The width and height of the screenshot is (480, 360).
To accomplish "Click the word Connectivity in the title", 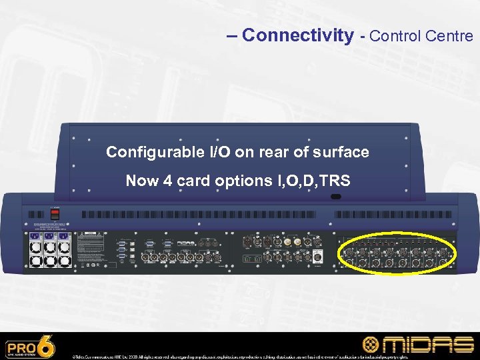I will click(x=298, y=35).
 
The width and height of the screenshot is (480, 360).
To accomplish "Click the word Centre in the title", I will click(x=452, y=35).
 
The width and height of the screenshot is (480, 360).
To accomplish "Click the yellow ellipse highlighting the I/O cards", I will click(x=397, y=253).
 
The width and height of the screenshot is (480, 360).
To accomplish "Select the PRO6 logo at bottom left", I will click(x=31, y=347).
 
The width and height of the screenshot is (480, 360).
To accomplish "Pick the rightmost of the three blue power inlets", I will click(x=63, y=237).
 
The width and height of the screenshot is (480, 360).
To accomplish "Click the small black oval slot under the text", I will click(x=335, y=197).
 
